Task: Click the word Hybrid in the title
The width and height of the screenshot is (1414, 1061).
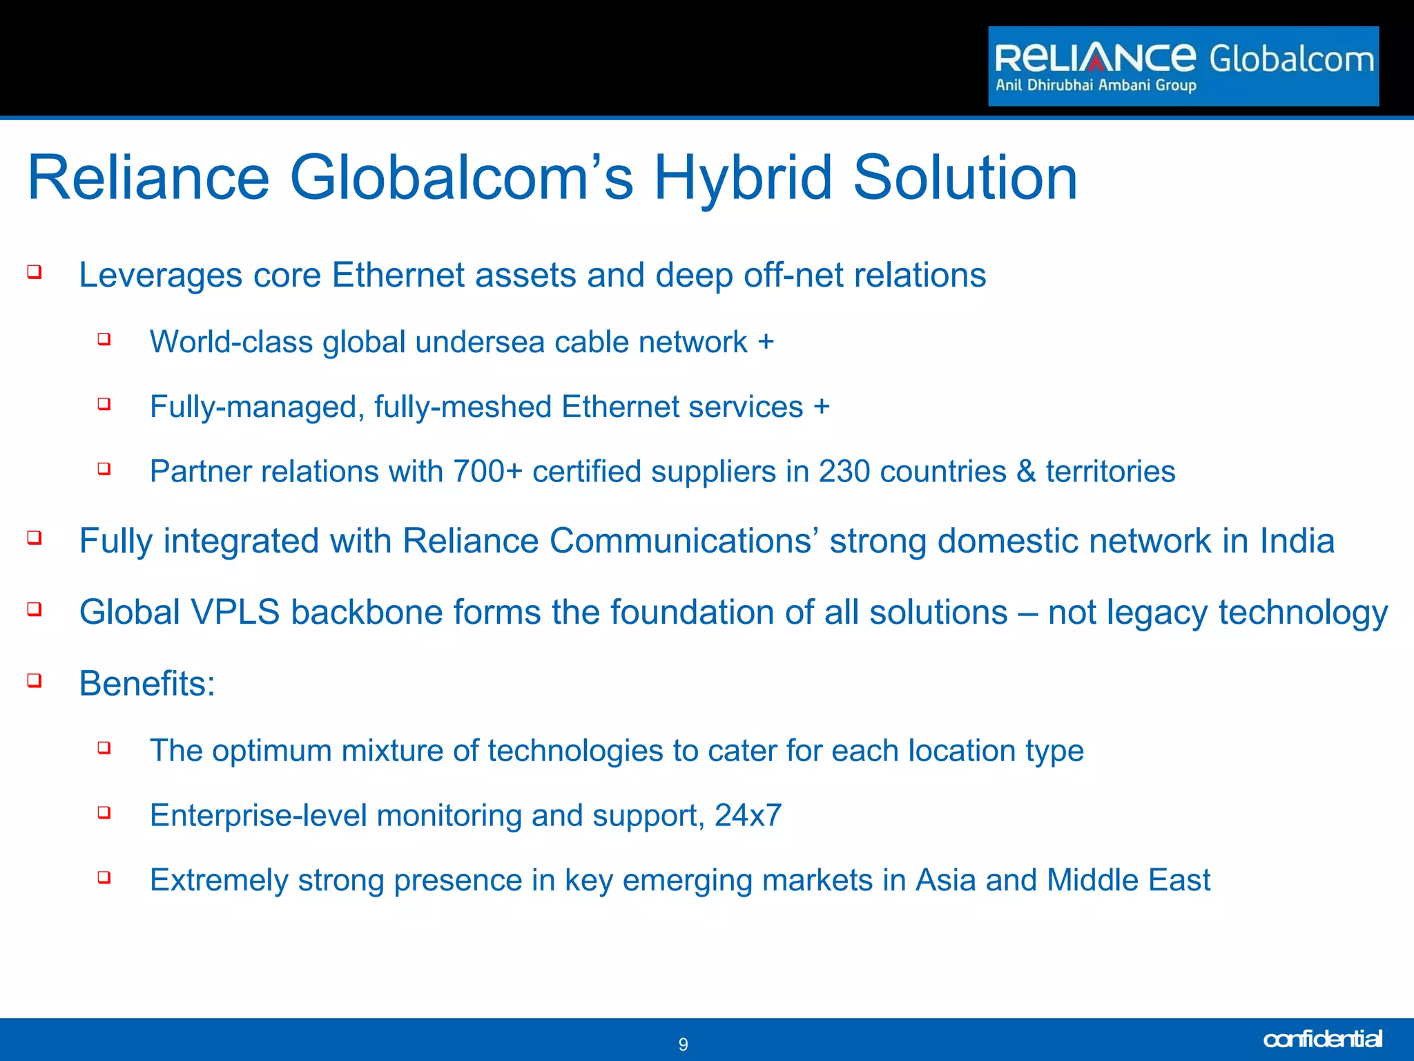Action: point(743,178)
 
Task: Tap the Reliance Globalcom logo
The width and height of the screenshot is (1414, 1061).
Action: point(1183,66)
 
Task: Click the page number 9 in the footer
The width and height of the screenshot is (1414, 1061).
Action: point(683,1044)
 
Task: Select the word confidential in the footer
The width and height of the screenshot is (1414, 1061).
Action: point(1321,1039)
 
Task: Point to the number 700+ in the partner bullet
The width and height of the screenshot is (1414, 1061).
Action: point(487,472)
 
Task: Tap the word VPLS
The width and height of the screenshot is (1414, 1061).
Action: point(235,612)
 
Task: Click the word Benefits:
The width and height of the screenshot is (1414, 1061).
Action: point(147,684)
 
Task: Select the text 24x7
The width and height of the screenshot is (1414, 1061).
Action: point(748,816)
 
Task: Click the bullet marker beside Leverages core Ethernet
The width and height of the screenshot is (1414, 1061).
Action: point(35,271)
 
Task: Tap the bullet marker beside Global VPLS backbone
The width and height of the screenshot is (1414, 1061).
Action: point(35,609)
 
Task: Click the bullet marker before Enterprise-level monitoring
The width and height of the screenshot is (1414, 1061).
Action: point(104,812)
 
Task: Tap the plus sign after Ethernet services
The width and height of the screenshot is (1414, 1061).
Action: point(821,406)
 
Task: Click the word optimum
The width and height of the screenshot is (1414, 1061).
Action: point(272,752)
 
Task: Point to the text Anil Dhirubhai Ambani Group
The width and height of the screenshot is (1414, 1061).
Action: point(1096,86)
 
